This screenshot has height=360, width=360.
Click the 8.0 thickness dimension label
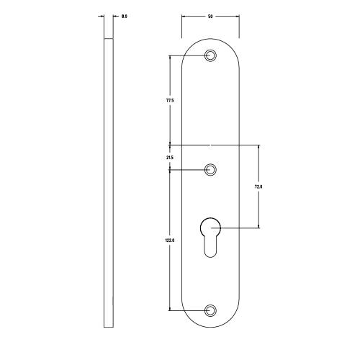125,15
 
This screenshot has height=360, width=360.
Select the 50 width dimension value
210,15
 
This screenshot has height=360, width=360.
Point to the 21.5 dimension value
169,157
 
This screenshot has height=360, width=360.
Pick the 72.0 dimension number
258,186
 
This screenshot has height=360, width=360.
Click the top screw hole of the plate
210,55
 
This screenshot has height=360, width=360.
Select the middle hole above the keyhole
210,169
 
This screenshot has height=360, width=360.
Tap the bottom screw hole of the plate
210,310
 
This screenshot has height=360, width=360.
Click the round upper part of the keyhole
210,226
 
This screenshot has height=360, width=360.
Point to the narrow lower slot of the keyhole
210,248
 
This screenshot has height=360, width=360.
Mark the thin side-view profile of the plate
107,180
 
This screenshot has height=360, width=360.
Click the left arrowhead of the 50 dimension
183,16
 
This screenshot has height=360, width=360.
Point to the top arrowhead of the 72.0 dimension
258,147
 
